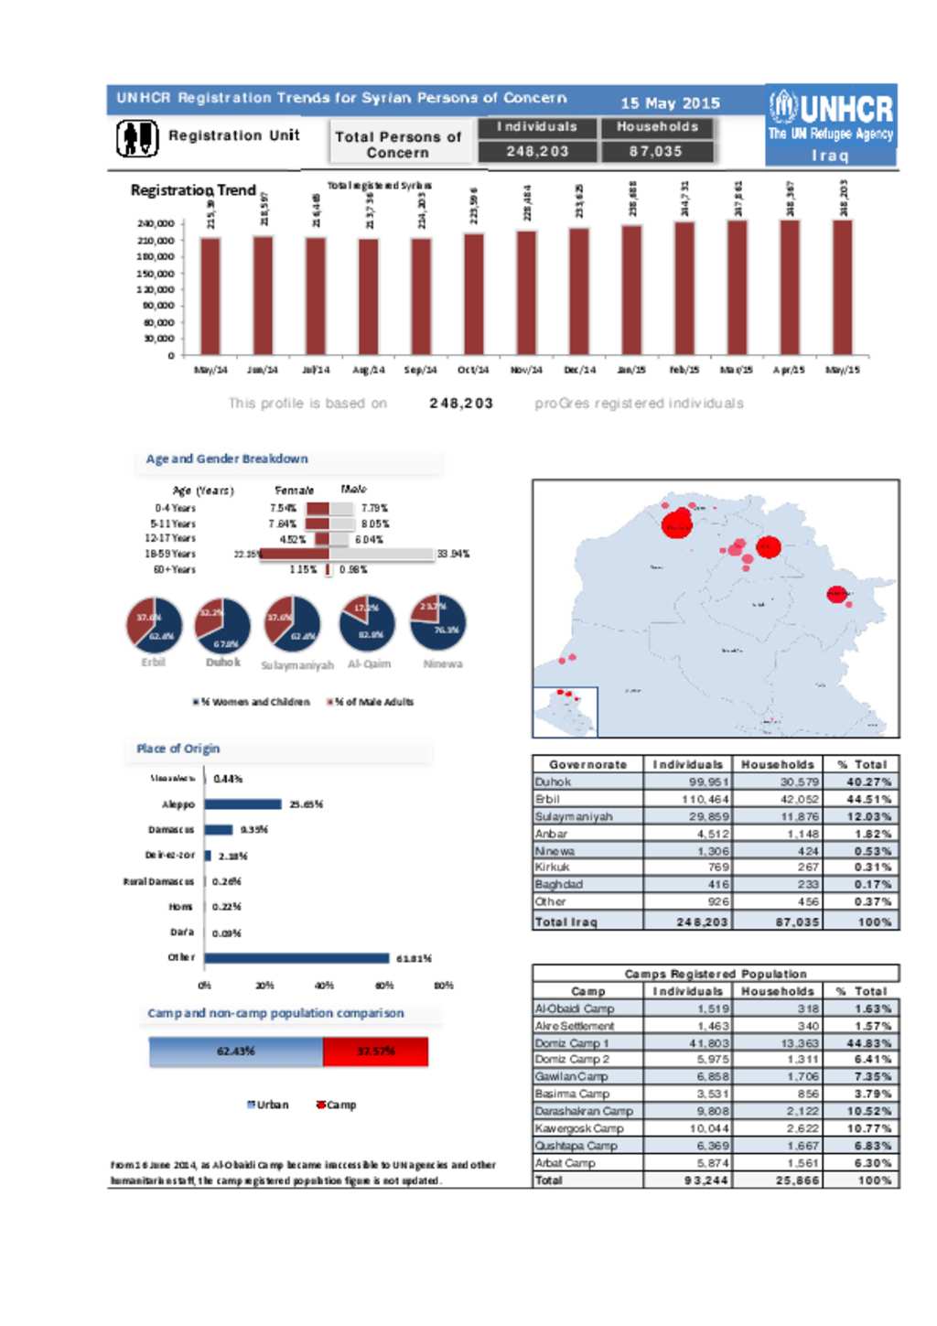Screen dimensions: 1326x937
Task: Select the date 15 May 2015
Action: tap(670, 103)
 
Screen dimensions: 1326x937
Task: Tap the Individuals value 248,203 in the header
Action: tap(537, 151)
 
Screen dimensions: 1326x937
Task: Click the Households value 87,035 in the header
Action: tap(655, 151)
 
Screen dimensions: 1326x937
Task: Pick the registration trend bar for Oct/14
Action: tap(473, 294)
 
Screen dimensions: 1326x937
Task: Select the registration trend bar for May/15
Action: tap(842, 287)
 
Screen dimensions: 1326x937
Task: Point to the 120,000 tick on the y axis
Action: tap(156, 289)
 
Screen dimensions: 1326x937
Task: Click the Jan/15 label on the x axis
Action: tap(631, 370)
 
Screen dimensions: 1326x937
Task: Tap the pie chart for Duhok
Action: tap(222, 625)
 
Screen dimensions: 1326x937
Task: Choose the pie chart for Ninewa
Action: tap(439, 622)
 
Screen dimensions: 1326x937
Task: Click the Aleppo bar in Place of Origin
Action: tap(242, 804)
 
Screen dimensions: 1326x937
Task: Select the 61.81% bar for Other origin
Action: tap(297, 958)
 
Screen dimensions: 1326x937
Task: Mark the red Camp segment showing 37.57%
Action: tap(375, 1051)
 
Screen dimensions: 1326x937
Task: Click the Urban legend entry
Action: tap(267, 1105)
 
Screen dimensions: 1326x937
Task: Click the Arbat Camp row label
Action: tap(565, 1163)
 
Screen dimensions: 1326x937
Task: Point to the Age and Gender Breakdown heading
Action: tap(227, 458)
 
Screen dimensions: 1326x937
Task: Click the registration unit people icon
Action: tap(137, 138)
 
